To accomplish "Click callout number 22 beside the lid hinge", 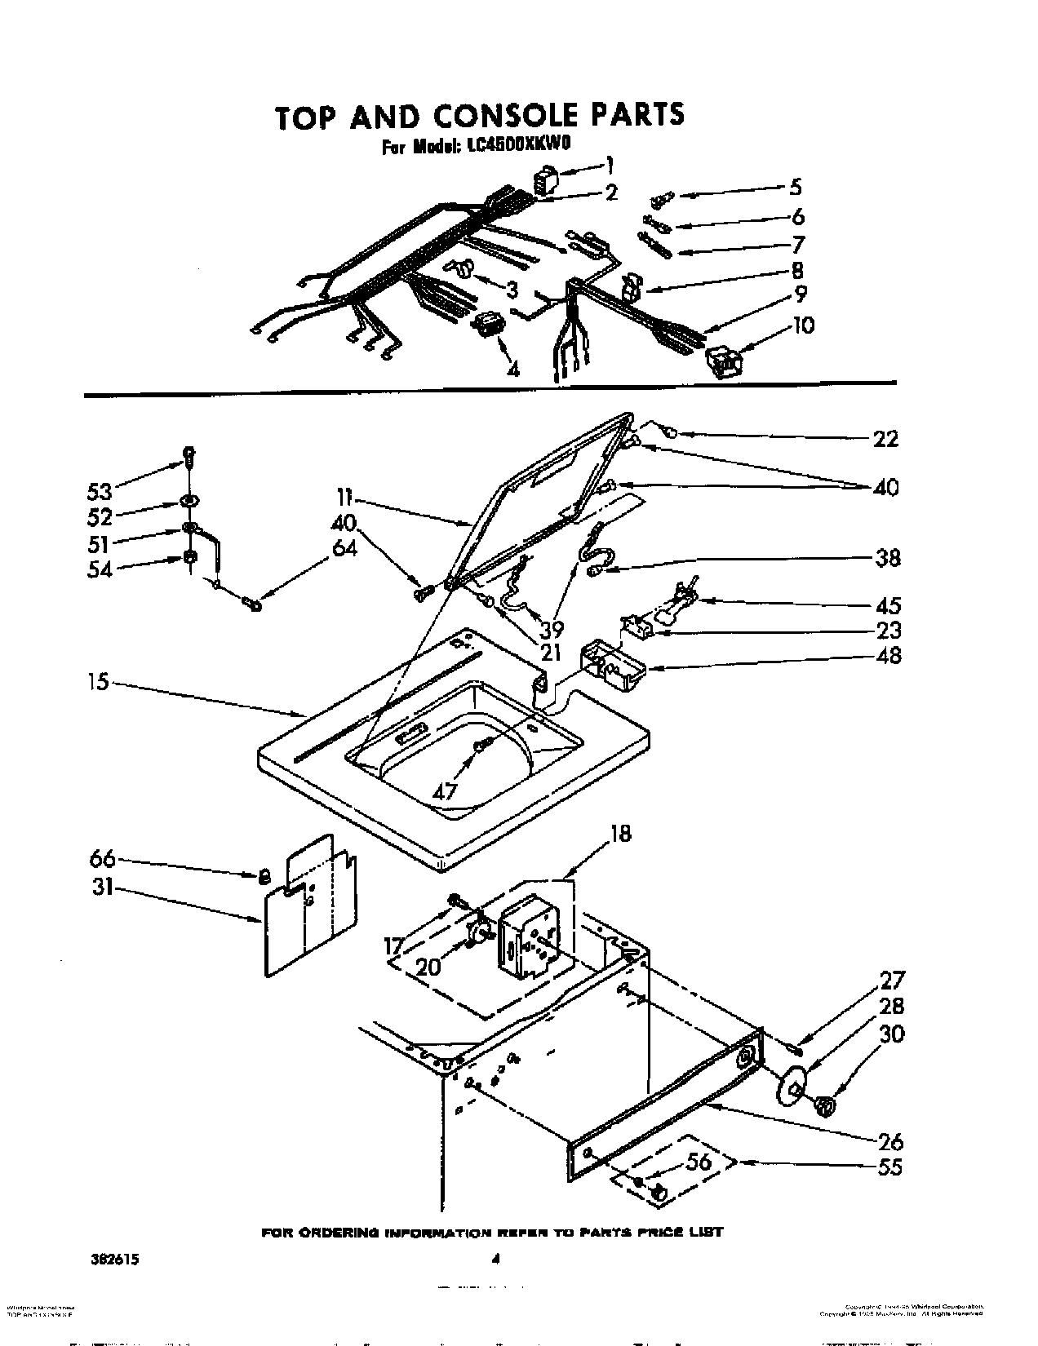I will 885,439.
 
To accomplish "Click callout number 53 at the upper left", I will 101,491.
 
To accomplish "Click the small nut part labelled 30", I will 825,1106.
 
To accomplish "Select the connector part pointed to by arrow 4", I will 487,324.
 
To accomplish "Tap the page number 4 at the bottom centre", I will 495,1260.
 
